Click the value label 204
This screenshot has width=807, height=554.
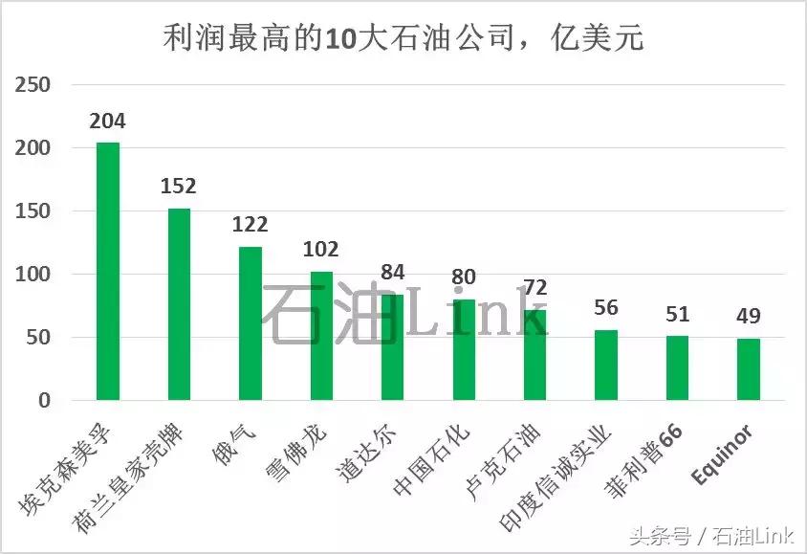(x=107, y=122)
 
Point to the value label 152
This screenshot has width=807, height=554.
(x=179, y=188)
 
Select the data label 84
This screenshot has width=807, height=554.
(x=393, y=273)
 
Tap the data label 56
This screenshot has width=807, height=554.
(x=606, y=308)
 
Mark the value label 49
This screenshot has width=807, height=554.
(x=749, y=317)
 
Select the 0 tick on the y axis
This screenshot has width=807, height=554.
(x=44, y=401)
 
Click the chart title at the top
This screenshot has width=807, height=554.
(x=403, y=39)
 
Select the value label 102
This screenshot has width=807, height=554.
(x=321, y=250)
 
